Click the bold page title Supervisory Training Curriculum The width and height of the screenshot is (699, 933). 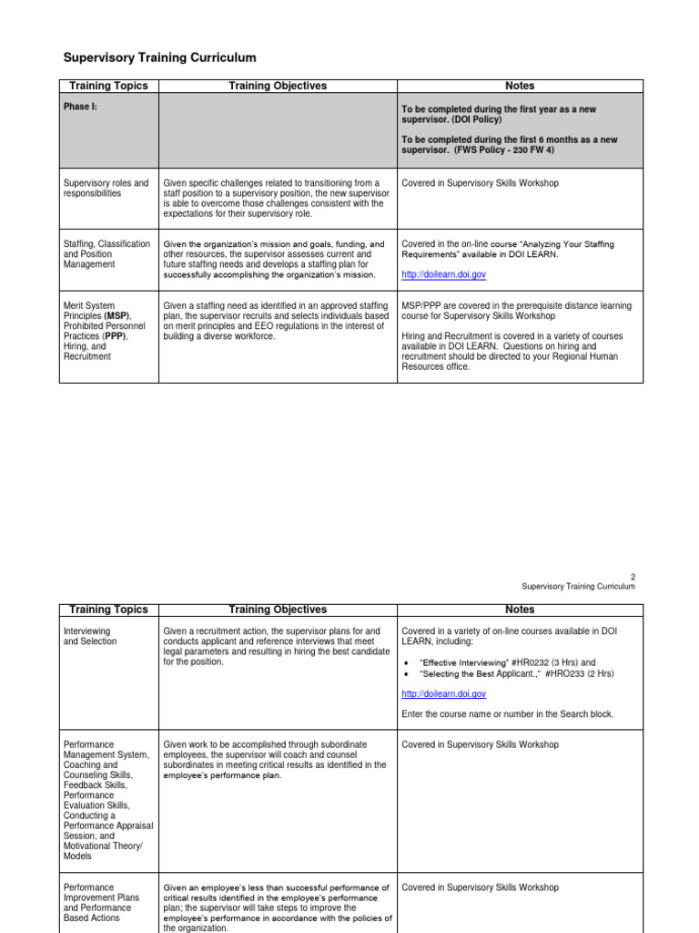[159, 57]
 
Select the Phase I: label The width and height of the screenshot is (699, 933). [77, 107]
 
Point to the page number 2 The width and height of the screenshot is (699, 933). [633, 576]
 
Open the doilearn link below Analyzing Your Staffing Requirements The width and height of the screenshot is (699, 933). [443, 273]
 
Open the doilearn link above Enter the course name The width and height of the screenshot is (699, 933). [443, 694]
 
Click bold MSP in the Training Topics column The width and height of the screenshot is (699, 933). [116, 315]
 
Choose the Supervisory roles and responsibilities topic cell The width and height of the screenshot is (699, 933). [106, 189]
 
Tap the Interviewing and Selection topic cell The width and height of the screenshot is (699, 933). [90, 636]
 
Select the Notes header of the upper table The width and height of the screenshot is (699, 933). [520, 86]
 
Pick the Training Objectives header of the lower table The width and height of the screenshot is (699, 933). [278, 610]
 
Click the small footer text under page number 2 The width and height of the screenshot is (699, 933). [578, 587]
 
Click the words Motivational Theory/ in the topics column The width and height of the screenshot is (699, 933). [101, 846]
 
